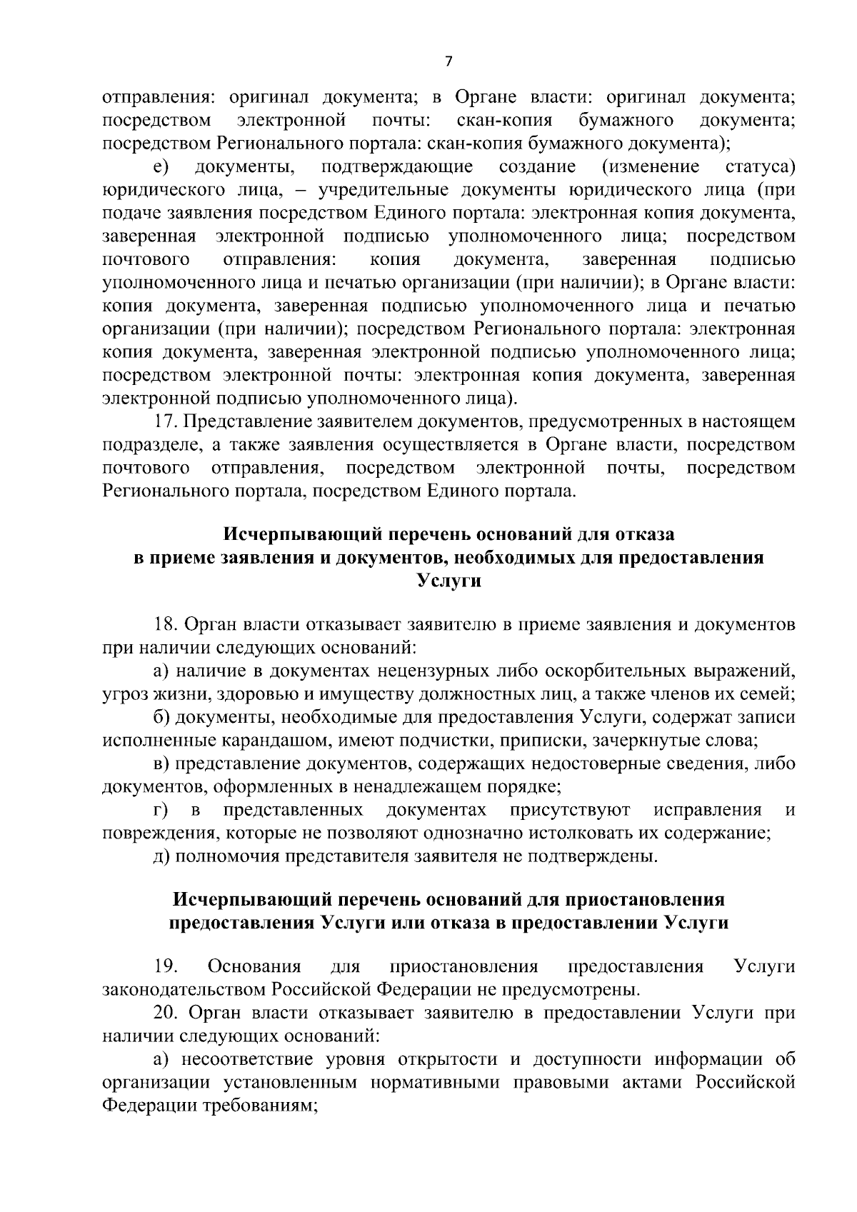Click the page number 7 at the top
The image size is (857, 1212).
[x=448, y=61]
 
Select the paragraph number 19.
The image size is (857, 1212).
[x=165, y=966]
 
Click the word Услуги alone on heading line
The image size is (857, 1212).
[x=448, y=581]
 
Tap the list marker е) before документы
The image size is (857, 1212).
[x=161, y=167]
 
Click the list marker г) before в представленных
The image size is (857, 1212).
[x=161, y=809]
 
